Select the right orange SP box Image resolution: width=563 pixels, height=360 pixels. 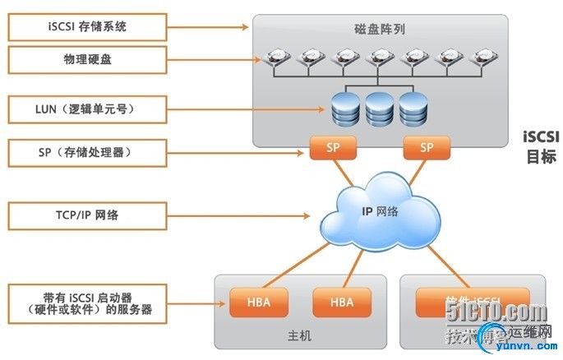[426, 148]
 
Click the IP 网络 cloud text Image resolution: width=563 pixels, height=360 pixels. [381, 211]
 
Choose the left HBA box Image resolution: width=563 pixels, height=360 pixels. [260, 302]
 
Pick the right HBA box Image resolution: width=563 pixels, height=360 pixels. [342, 302]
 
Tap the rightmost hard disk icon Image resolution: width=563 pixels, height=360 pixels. [481, 58]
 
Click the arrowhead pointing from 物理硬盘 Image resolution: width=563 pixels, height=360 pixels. [253, 58]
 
